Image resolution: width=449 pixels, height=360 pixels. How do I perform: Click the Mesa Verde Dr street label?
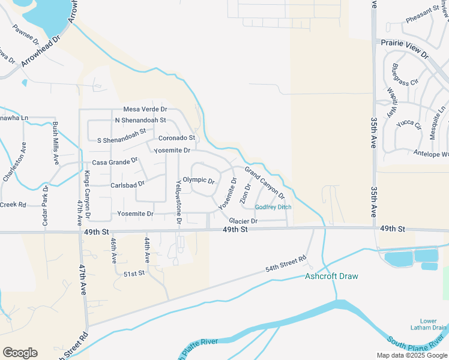[x=145, y=109]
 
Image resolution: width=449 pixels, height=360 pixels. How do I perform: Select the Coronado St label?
[x=177, y=138]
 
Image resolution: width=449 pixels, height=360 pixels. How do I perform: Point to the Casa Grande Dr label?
[x=115, y=163]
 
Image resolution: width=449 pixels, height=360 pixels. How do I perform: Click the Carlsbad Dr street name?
[x=128, y=185]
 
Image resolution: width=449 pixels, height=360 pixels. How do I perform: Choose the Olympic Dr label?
[x=199, y=180]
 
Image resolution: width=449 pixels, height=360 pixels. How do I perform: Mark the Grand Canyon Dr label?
[x=264, y=183]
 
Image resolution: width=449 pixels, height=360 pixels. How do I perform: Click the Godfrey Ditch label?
[x=273, y=208]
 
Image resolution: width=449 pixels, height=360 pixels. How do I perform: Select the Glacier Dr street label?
[x=243, y=221]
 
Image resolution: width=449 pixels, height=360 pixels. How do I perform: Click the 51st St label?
[x=134, y=274]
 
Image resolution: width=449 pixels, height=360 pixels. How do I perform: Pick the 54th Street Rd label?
[x=286, y=264]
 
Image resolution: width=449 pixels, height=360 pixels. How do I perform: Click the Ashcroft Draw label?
[x=331, y=277]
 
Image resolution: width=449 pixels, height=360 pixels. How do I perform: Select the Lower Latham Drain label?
[x=433, y=324]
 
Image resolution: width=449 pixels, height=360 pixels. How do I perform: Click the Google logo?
[x=20, y=353]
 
